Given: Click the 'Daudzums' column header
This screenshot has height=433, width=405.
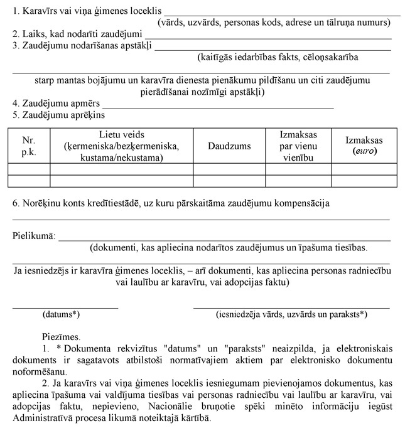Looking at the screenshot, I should point(229,146).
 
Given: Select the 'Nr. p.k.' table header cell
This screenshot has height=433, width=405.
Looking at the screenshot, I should point(29,146).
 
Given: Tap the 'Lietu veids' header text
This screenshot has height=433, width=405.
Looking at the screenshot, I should point(121,135).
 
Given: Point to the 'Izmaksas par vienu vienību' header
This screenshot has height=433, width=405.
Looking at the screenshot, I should point(298,146).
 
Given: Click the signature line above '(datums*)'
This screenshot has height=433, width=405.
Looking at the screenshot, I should point(65,308).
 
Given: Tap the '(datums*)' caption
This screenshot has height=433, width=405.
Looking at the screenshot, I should point(61,314).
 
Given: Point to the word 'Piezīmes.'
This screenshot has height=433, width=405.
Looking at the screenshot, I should point(61,337).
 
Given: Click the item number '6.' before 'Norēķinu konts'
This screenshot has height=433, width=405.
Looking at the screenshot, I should point(16,203).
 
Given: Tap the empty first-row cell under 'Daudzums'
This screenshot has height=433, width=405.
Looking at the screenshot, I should point(229,169).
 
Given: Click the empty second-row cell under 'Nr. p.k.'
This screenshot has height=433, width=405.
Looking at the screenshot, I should point(29,181).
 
